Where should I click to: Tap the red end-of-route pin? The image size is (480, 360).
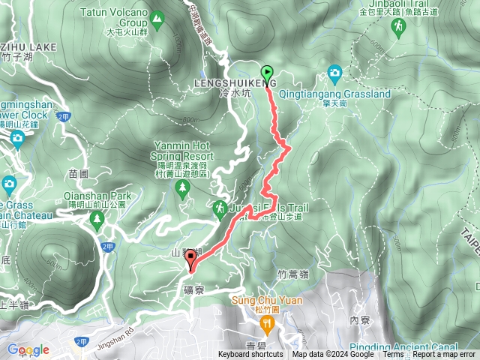[190, 261]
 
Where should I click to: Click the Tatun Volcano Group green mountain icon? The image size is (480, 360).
[157, 17]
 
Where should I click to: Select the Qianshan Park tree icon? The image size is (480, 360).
[96, 219]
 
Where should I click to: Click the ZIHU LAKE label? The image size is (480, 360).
[28, 46]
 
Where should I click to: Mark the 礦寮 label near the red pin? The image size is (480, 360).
[193, 288]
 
